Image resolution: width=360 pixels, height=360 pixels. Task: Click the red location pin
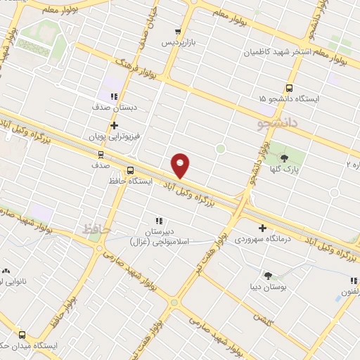tap(181, 165)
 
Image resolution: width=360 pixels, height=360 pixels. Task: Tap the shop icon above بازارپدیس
tap(177, 32)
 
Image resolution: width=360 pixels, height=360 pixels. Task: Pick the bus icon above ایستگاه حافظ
tap(130, 170)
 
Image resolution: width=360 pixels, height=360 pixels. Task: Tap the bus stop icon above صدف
tap(101, 155)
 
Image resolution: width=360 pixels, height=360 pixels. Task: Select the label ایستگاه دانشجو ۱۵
tap(289, 99)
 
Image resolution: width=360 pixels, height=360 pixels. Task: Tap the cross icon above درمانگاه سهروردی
tap(263, 228)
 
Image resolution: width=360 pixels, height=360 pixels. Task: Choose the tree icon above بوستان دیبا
tap(267, 275)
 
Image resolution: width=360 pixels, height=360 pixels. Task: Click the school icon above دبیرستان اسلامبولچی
tap(159, 220)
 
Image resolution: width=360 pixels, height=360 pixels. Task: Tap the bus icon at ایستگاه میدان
tap(22, 335)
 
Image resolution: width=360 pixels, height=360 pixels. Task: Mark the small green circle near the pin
tap(220, 148)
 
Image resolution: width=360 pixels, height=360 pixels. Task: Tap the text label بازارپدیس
tap(176, 44)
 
